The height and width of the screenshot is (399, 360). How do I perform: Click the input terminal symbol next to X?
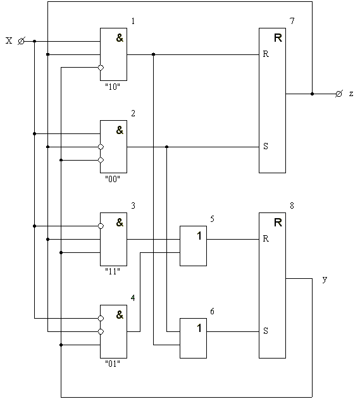[21, 41]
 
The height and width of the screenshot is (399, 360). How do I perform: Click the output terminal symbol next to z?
[338, 94]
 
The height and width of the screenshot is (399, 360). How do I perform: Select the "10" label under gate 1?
[113, 87]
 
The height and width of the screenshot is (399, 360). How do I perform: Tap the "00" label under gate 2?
[113, 179]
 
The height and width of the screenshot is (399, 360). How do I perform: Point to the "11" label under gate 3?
[113, 271]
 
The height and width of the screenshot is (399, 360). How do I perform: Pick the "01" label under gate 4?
[113, 364]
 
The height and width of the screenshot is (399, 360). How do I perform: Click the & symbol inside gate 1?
[120, 38]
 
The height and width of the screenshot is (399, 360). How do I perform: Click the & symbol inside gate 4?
[120, 315]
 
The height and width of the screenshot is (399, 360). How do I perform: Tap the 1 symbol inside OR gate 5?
[199, 236]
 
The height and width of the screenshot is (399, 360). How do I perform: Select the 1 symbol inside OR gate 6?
[199, 328]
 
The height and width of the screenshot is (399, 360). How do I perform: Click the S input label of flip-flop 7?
[266, 146]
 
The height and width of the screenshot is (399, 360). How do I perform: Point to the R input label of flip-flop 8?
[266, 238]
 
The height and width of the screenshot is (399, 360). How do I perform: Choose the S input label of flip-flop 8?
[266, 331]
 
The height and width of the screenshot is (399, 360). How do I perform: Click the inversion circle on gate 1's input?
[101, 68]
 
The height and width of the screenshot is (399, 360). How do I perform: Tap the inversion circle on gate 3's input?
[101, 226]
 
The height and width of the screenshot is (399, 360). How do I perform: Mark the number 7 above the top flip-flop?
[292, 21]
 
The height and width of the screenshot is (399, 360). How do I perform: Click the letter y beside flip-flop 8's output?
[325, 279]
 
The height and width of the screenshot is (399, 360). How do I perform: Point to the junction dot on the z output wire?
[312, 94]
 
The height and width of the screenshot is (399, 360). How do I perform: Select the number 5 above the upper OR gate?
[212, 219]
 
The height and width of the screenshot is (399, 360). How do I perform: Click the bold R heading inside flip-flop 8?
[278, 223]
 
